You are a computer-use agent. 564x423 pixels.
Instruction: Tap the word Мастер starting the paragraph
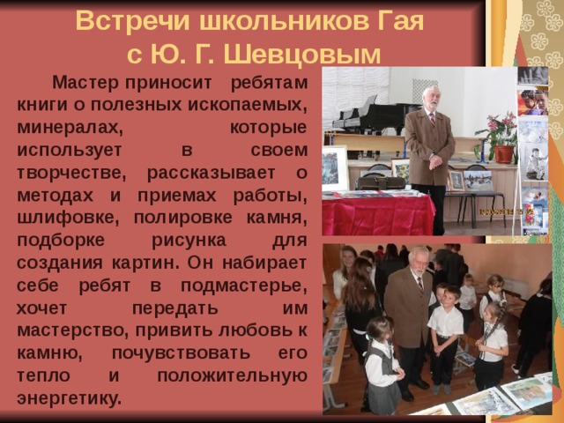pos(85,84)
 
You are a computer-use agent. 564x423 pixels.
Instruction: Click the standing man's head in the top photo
pos(430,97)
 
